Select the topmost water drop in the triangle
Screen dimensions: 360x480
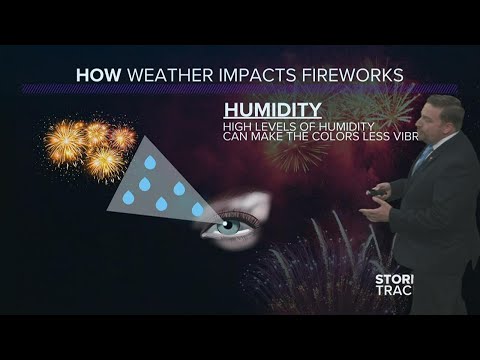pos(150,162)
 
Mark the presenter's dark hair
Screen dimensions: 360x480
pos(444,102)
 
